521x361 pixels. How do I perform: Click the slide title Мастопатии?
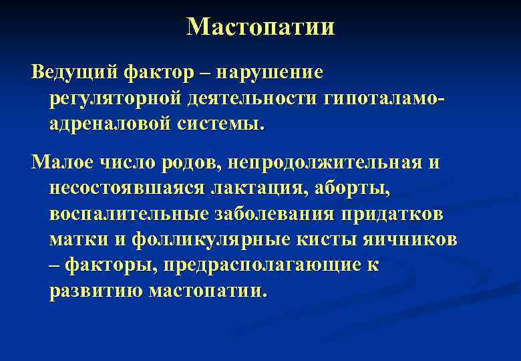pos(260,27)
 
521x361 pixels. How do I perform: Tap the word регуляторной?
pos(106,98)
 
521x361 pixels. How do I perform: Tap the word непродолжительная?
pos(318,162)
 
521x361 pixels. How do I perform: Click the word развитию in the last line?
pos(96,292)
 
